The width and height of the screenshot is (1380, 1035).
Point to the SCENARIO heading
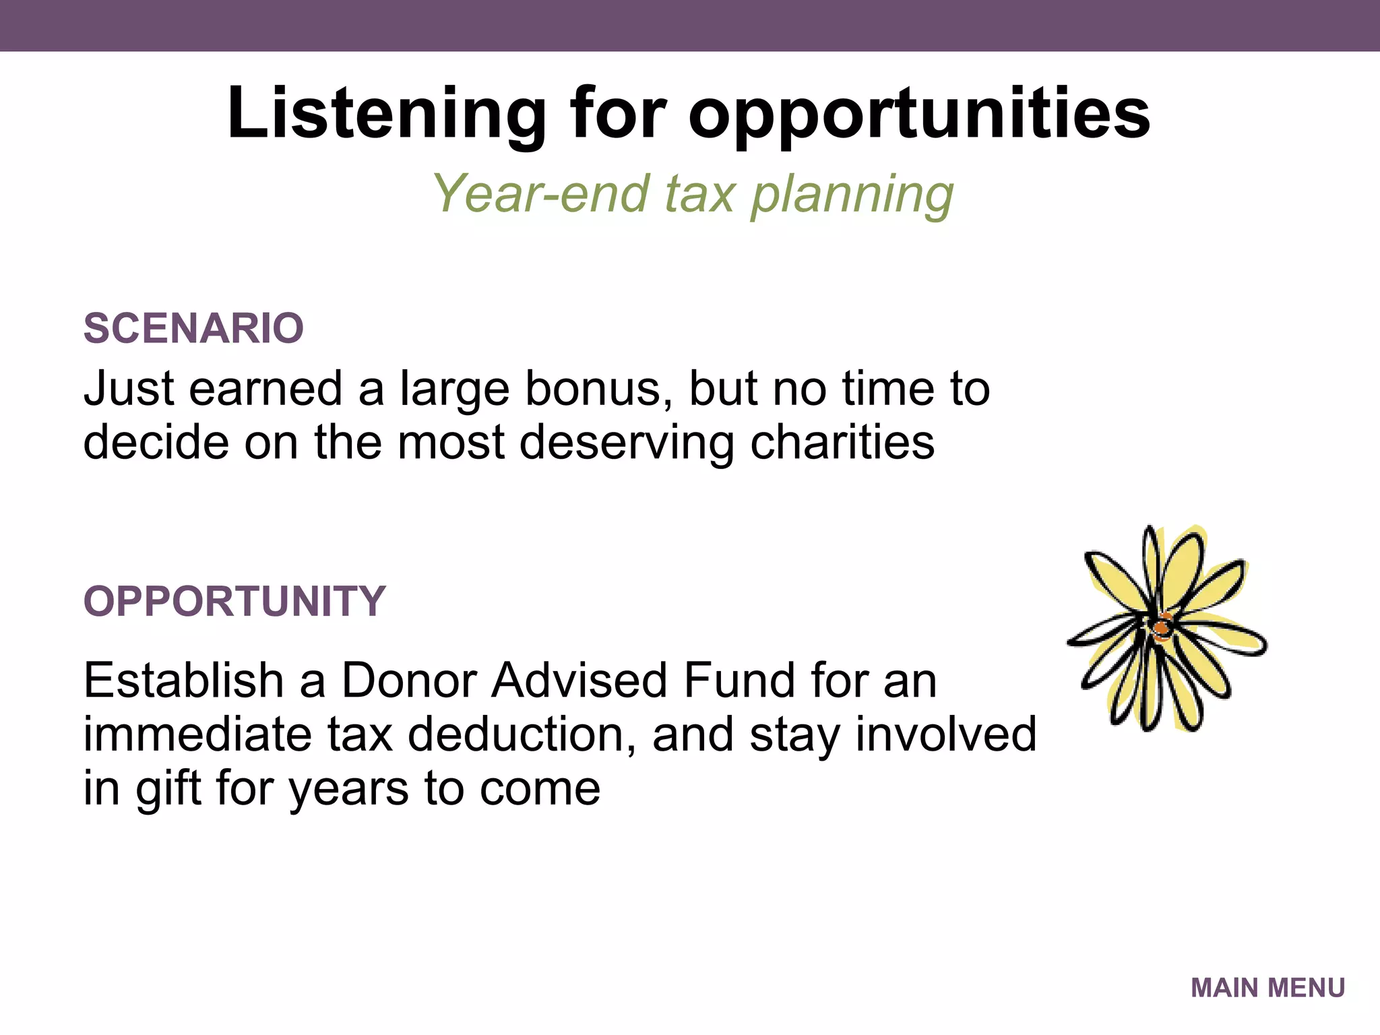pyautogui.click(x=193, y=329)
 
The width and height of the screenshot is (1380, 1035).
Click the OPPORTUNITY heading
pyautogui.click(x=234, y=601)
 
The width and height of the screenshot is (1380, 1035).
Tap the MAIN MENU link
pyautogui.click(x=1267, y=988)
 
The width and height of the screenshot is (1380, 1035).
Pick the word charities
pyautogui.click(x=842, y=443)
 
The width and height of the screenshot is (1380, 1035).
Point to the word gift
pyautogui.click(x=168, y=788)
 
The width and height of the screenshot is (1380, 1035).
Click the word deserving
pyautogui.click(x=627, y=443)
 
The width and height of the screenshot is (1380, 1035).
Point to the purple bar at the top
pyautogui.click(x=690, y=26)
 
